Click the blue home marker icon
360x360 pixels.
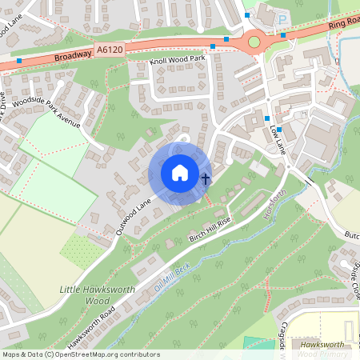180,173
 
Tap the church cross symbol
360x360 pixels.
205,178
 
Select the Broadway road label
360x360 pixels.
75,57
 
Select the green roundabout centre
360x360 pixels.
254,42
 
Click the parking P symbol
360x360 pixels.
282,18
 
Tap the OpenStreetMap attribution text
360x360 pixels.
81,354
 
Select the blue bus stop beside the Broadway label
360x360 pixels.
19,60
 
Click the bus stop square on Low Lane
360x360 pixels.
267,119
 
